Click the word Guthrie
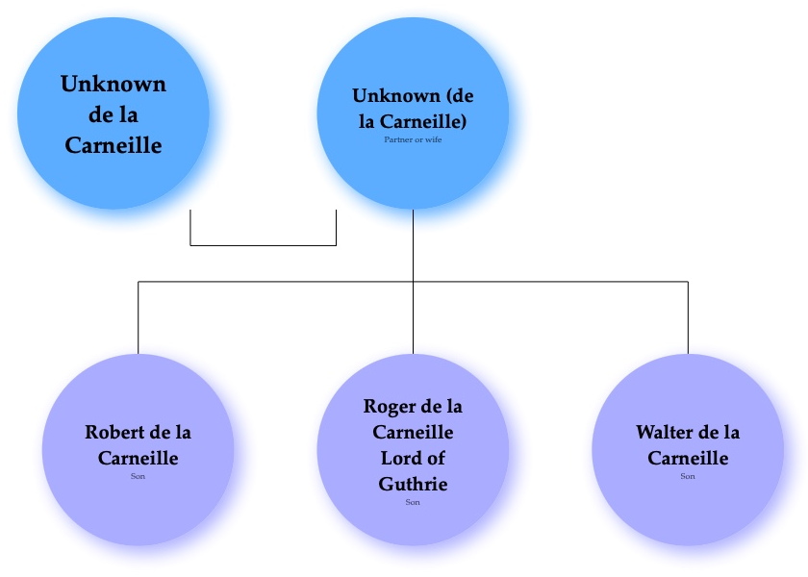pos(413,484)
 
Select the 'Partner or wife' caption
pos(413,140)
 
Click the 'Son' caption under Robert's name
pos(138,476)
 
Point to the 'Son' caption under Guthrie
pos(413,502)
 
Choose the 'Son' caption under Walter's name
pos(688,476)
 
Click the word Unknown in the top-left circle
pos(114,84)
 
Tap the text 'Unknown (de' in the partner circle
pos(413,96)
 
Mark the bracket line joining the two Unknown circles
pos(263,245)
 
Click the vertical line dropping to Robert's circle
pos(139,317)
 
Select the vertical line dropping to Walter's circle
pos(688,317)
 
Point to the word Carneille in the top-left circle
pos(114,146)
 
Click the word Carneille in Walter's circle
pos(688,459)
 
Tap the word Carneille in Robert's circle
pos(138,459)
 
